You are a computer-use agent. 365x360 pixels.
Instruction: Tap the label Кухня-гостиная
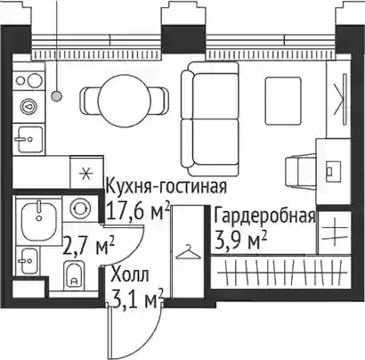point(166,187)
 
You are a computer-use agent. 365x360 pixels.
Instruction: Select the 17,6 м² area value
point(138,210)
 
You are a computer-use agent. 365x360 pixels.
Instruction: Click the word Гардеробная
point(264,216)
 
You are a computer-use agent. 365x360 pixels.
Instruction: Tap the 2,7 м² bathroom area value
point(88,244)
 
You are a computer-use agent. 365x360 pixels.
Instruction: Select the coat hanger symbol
point(188,252)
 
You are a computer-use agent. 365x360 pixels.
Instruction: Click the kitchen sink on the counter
point(29,139)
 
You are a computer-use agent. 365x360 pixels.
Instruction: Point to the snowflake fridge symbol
point(87,173)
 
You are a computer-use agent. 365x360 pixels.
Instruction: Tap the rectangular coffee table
point(283,101)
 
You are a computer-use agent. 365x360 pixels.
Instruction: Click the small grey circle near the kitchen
point(56,96)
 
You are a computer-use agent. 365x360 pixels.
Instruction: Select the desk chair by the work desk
point(300,171)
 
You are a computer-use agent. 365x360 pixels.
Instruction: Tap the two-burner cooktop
point(28,80)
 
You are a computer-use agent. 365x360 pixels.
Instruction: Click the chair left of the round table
point(89,100)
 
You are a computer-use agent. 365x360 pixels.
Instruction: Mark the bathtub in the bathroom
point(38,219)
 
